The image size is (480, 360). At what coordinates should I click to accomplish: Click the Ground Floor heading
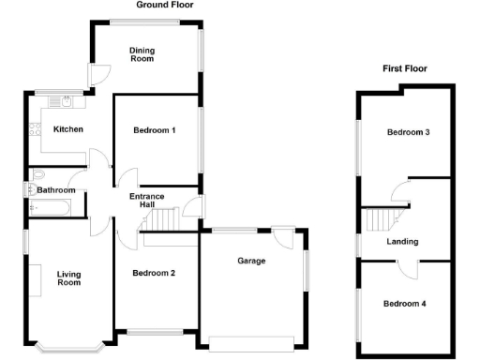pyautogui.click(x=166, y=5)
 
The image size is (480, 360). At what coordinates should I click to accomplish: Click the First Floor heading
pyautogui.click(x=404, y=68)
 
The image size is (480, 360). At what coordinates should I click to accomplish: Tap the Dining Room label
pyautogui.click(x=142, y=53)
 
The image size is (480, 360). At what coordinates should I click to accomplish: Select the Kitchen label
pyautogui.click(x=68, y=129)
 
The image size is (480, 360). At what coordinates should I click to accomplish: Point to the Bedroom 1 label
pyautogui.click(x=155, y=130)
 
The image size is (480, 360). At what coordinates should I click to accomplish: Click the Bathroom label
pyautogui.click(x=55, y=190)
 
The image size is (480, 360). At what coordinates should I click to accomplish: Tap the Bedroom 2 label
pyautogui.click(x=154, y=274)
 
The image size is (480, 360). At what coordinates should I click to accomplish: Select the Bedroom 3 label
pyautogui.click(x=408, y=132)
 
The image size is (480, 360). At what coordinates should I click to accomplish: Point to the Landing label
pyautogui.click(x=402, y=242)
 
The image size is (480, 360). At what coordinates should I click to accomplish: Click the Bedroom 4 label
pyautogui.click(x=404, y=304)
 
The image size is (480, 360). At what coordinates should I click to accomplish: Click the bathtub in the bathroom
pyautogui.click(x=52, y=207)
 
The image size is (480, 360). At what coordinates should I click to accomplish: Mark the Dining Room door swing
pyautogui.click(x=99, y=74)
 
